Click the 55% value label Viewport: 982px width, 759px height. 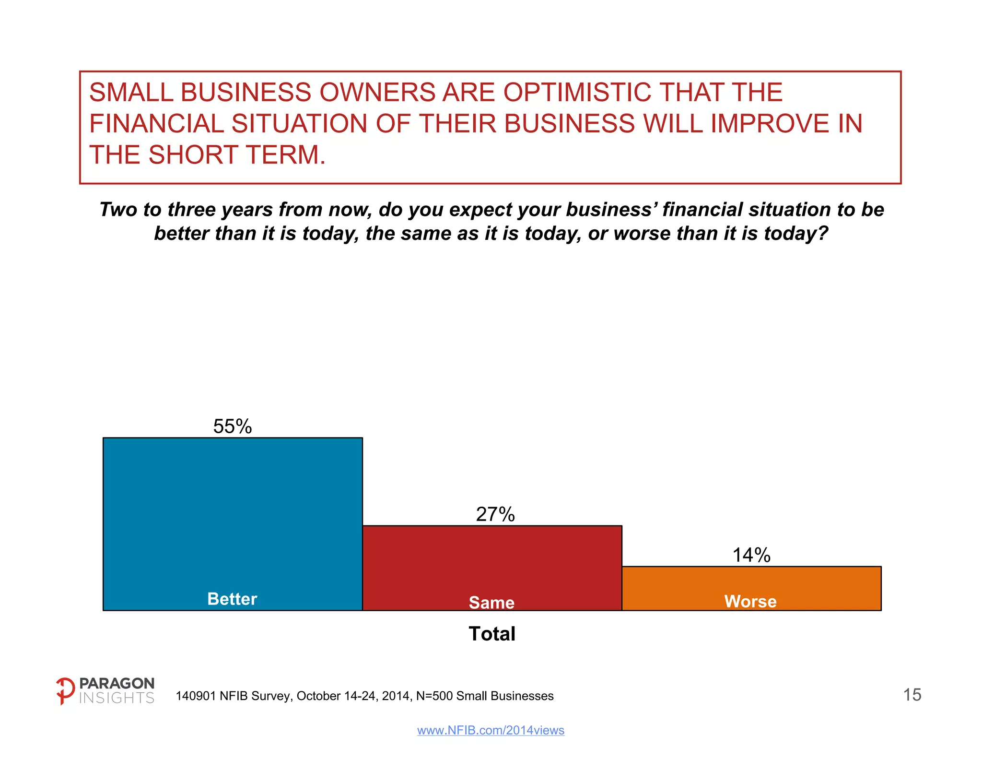[233, 427]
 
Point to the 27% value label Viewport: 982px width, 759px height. [495, 514]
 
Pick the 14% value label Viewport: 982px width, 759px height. [751, 555]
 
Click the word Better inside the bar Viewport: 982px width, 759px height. [232, 599]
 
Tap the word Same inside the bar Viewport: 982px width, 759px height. [491, 603]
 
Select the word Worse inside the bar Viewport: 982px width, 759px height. [750, 601]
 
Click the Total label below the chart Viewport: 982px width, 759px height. [492, 634]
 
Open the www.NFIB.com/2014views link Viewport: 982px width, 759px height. [491, 730]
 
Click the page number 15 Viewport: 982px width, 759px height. [912, 695]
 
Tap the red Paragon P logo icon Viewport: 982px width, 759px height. [65, 691]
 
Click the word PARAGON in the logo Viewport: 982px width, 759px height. [117, 683]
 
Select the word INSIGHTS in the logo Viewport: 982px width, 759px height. [117, 698]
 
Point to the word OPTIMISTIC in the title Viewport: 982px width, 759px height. [576, 92]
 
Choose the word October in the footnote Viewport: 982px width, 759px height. [319, 696]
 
